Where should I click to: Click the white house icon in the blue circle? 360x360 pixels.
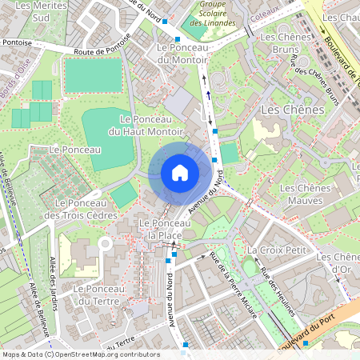pos(180,173)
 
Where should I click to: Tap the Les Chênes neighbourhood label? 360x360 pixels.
pos(292,109)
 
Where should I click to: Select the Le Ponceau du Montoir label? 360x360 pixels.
pos(179,54)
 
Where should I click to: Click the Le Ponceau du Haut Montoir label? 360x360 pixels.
pos(146,125)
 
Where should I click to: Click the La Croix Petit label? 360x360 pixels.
pos(278,250)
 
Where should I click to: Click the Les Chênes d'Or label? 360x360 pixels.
pos(337,262)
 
